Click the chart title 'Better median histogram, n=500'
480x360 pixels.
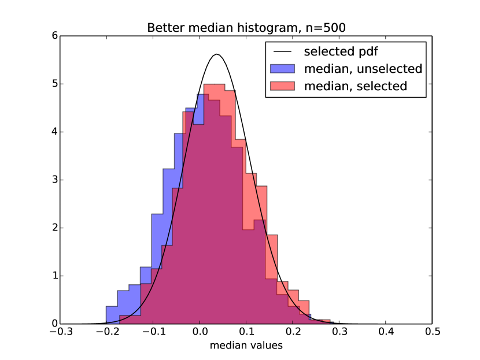(246, 28)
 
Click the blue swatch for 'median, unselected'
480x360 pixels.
(282, 69)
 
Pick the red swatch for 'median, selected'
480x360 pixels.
(282, 87)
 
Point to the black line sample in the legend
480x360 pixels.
(282, 51)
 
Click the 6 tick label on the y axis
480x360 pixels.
(54, 36)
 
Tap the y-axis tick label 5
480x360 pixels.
(54, 84)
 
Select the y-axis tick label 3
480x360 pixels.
(54, 180)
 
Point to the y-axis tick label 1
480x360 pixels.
(54, 276)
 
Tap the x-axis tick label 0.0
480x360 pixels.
(200, 332)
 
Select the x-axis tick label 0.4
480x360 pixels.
(386, 332)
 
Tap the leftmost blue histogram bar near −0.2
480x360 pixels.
(112, 314)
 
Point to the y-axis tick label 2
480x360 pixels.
(54, 228)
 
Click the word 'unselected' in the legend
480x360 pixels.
(392, 69)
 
